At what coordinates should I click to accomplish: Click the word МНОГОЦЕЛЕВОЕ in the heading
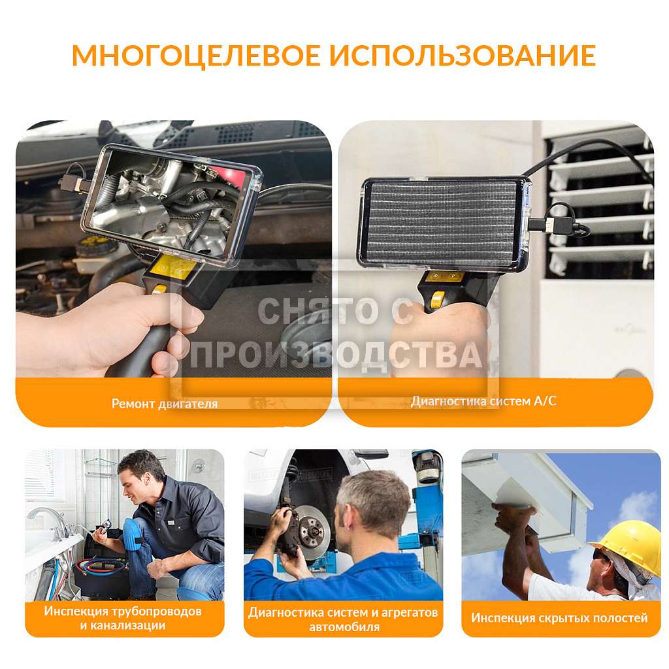196,55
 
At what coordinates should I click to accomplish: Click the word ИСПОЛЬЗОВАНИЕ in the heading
463,55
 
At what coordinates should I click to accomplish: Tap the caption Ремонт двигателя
165,404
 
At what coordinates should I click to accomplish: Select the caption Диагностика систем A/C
483,401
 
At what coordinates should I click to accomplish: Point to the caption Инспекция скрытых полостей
559,618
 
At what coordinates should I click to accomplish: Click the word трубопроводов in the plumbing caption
157,612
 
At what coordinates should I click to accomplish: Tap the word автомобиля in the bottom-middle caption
344,627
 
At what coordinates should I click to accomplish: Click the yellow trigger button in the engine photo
159,289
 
